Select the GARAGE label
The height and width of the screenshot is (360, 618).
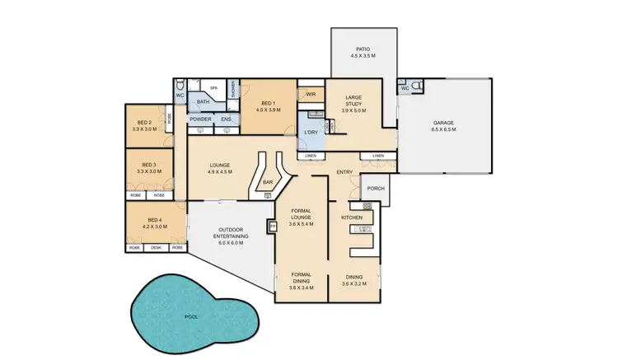tap(443, 123)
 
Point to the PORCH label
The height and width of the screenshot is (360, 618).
tap(375, 188)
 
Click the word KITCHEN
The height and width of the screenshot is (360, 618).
tap(352, 217)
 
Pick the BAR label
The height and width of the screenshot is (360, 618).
tap(267, 183)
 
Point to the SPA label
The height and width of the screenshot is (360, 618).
tap(213, 87)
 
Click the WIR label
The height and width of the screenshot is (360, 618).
tap(311, 95)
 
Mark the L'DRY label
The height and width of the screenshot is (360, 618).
tap(311, 133)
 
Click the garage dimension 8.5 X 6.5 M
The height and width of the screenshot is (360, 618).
tap(443, 130)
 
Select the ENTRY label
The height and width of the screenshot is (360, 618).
tap(345, 172)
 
